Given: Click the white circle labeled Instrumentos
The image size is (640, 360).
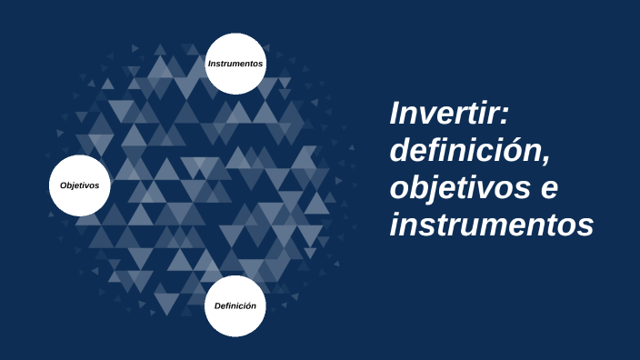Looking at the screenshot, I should tap(235, 64).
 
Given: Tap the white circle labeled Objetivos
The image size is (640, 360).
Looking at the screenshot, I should tap(80, 185).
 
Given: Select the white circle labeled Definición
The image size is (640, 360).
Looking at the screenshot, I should tap(235, 305).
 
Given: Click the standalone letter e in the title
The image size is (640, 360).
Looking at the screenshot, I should tap(548, 189).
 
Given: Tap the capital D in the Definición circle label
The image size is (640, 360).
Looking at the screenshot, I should tap(218, 305).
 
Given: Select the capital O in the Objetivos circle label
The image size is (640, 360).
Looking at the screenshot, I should tap(64, 185).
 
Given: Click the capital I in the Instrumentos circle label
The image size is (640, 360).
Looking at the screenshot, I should tap(210, 64).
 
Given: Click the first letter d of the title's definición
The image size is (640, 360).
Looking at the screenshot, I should tap(400, 151).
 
